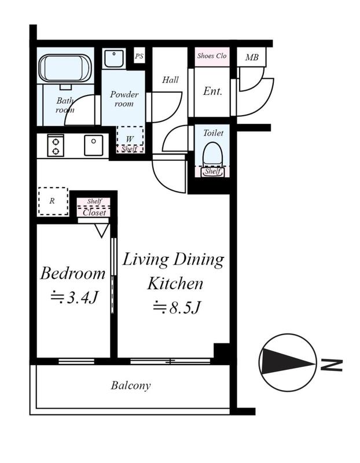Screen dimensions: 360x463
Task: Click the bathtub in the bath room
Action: click(65, 68)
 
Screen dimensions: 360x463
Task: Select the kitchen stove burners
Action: click(56, 146)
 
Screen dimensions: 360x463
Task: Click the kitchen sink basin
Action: click(94, 145)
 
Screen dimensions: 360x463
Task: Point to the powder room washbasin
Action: click(113, 59)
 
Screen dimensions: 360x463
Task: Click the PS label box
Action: click(139, 56)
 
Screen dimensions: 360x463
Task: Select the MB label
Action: click(252, 57)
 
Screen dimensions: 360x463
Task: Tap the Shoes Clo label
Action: click(212, 56)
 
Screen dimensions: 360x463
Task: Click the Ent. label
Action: click(212, 91)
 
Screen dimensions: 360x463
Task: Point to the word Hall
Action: click(170, 80)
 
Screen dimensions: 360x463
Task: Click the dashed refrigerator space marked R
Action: click(53, 201)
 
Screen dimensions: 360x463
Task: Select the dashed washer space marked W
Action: click(130, 139)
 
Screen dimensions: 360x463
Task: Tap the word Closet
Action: click(94, 212)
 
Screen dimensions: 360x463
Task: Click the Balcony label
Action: click(131, 385)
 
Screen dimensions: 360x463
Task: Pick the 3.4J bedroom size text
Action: click(75, 297)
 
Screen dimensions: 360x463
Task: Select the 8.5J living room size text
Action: click(178, 308)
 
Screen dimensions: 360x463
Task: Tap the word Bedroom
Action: click(73, 273)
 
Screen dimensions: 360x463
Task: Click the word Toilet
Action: click(213, 133)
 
